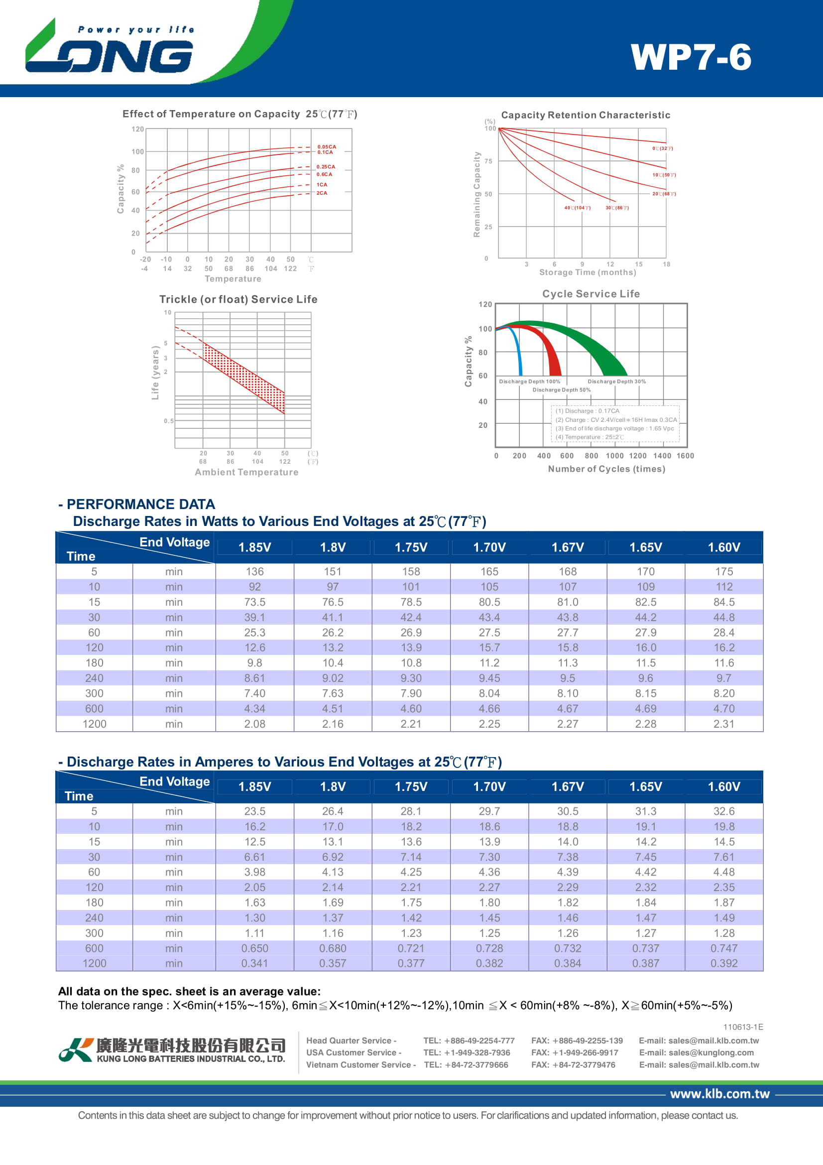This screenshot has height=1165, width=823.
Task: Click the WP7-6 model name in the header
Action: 691,57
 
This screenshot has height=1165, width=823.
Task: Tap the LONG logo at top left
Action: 109,51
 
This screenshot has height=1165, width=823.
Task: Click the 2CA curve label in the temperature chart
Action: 322,193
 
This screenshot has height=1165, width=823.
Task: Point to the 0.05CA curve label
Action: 327,146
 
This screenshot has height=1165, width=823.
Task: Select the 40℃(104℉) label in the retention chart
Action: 577,208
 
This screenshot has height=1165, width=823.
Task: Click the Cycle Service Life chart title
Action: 591,294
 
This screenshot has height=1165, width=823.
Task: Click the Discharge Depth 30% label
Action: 616,381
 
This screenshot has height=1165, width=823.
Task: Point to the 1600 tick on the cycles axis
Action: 685,456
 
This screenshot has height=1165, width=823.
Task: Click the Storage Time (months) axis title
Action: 587,272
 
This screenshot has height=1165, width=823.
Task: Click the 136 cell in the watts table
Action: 254,571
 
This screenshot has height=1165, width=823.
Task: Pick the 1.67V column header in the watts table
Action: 568,547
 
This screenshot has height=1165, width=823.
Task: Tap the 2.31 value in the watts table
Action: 723,724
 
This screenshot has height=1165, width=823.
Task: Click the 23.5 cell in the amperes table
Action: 254,811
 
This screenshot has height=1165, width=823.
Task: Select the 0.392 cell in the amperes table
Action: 723,963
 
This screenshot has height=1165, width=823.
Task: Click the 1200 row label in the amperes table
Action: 94,963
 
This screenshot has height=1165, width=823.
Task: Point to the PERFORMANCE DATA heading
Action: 140,504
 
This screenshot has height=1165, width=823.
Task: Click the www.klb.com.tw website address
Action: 719,1093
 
